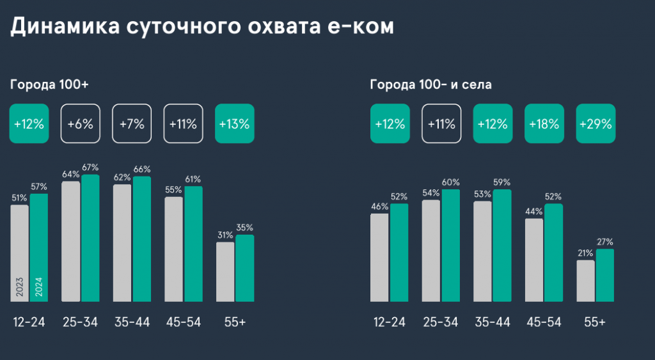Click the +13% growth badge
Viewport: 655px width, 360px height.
pos(235,123)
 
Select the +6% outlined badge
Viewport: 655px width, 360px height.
pos(80,123)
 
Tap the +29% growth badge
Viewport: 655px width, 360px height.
pos(596,123)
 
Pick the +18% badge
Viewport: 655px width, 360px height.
pos(544,123)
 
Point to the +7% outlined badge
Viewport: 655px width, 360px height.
pos(132,123)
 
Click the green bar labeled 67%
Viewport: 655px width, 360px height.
pos(90,237)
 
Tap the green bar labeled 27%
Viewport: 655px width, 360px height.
pos(604,275)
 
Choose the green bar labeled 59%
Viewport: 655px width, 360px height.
pos(502,245)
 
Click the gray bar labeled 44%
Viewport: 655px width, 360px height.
pos(534,259)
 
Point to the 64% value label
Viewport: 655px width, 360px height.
pos(70,174)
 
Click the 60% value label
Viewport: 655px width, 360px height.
pos(451,182)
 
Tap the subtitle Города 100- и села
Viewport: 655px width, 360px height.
pos(430,84)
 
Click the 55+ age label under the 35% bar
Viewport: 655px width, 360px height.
pos(235,322)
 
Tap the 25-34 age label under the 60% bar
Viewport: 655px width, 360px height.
pos(441,322)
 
